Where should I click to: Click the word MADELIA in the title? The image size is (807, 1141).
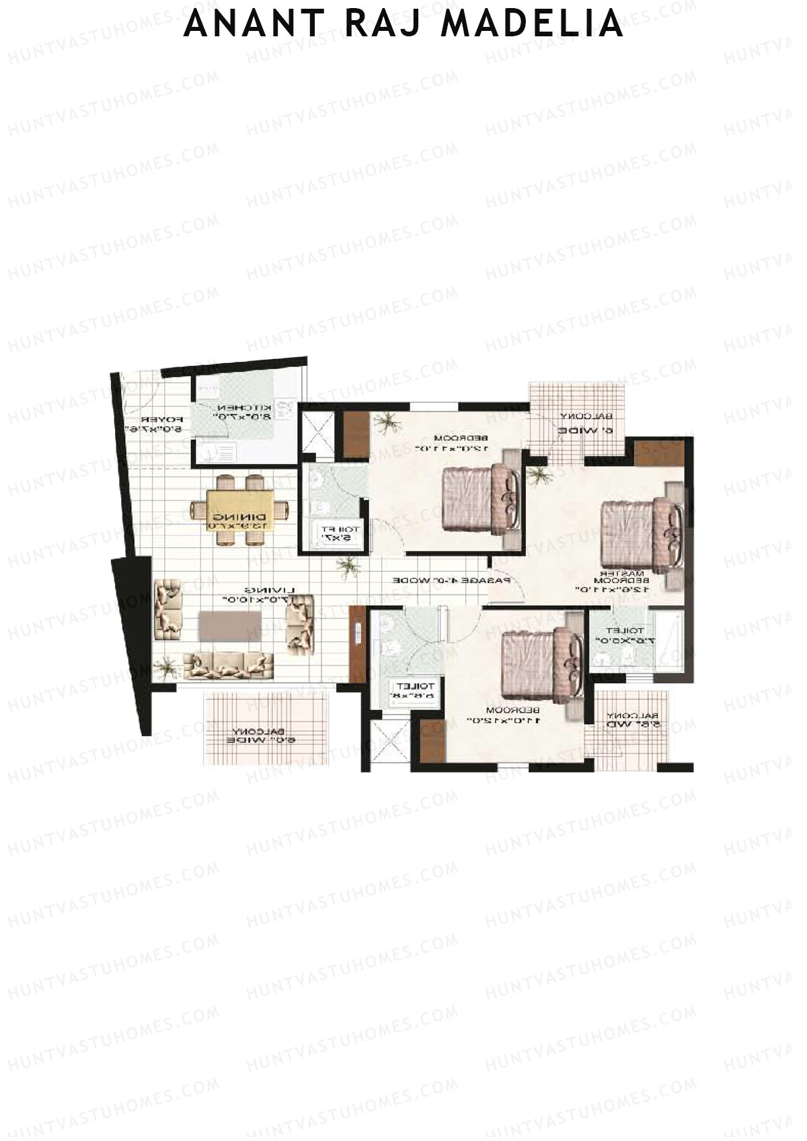click(x=535, y=24)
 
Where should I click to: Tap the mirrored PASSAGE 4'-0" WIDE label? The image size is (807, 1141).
click(x=452, y=580)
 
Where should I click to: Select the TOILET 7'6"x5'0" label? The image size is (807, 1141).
click(x=625, y=636)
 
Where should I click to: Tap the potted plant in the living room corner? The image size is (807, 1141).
click(x=166, y=668)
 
